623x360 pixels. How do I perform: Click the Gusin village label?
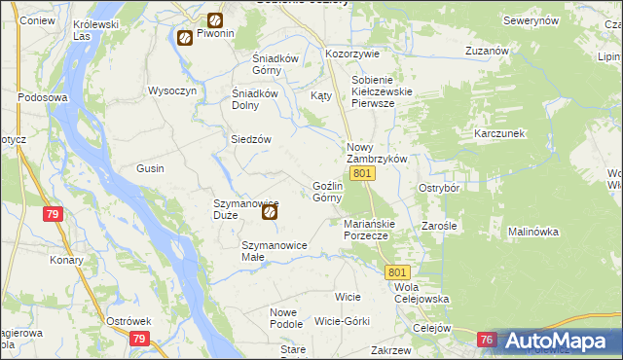pos(150,168)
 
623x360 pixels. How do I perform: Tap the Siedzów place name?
pos(250,139)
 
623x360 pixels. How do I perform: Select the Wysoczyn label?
pos(171,90)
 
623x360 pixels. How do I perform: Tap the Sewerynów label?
pos(531,20)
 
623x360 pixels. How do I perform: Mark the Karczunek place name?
pos(499,132)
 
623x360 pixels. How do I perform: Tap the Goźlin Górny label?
pos(327,192)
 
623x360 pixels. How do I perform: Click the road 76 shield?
pos(488,340)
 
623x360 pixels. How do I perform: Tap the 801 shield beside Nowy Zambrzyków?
pos(362,173)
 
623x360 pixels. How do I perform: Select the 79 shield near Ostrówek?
pos(138,339)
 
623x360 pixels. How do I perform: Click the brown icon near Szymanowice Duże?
pos(271,211)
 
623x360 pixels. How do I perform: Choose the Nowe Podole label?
pos(286,318)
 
